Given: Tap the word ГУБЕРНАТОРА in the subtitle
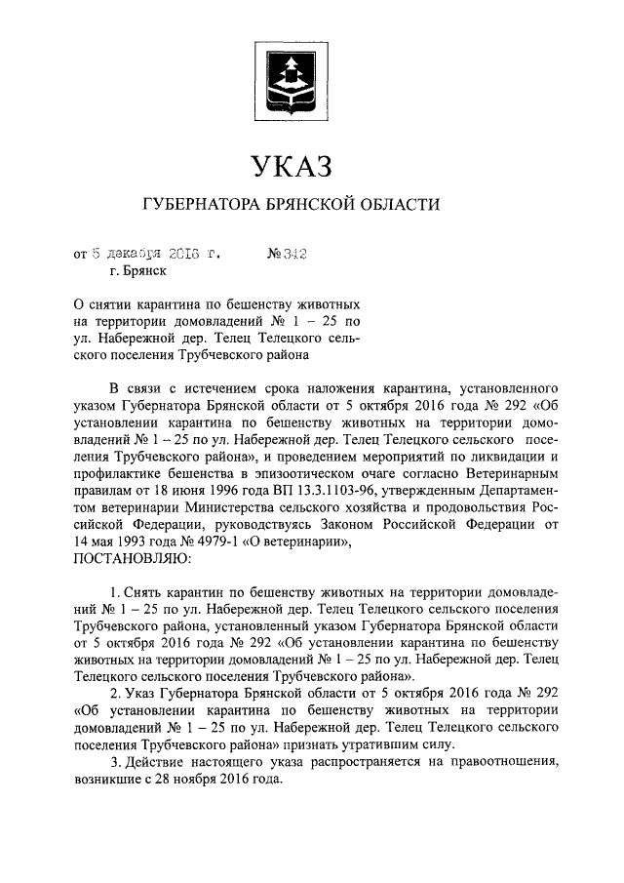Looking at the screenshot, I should point(199,205).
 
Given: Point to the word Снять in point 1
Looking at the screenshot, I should point(140,593).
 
